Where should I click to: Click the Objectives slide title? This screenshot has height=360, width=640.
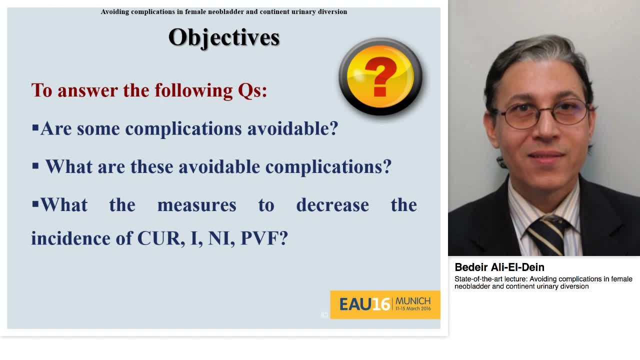click(223, 37)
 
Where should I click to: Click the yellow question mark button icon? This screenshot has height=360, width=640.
click(380, 76)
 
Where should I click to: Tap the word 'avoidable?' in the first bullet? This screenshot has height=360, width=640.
click(292, 128)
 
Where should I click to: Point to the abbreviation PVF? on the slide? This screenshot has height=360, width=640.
click(264, 238)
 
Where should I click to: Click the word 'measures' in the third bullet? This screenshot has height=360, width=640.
click(196, 205)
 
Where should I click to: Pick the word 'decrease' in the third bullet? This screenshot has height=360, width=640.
click(332, 205)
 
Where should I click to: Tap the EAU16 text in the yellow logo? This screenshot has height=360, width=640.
click(364, 304)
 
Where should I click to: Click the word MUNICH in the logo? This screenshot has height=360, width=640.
click(412, 301)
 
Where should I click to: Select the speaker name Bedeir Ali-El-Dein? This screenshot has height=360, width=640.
click(499, 267)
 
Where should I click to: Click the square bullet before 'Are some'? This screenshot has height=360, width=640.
click(35, 128)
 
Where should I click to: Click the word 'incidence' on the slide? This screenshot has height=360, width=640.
click(71, 238)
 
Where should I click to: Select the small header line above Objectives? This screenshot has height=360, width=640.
click(223, 11)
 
